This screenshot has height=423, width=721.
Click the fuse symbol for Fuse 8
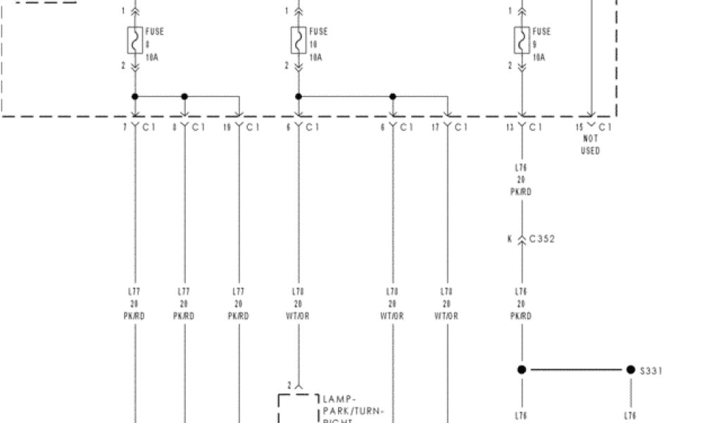point(134,40)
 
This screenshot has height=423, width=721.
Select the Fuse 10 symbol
point(299,40)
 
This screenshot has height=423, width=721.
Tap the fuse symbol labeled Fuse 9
point(522,40)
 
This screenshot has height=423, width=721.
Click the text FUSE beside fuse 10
point(318,32)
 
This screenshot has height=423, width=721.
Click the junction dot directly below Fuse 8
point(134,97)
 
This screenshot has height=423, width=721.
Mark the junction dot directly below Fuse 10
point(299,97)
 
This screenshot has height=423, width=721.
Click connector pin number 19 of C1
point(227,127)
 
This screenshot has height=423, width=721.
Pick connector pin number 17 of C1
point(436,127)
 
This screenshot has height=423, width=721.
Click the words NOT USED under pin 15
point(591,145)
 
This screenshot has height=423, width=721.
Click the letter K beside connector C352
point(509,239)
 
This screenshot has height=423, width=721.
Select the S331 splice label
point(651,370)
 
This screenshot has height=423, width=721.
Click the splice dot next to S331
point(631,370)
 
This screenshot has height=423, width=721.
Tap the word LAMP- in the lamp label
point(339,399)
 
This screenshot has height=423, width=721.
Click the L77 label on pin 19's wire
point(238,291)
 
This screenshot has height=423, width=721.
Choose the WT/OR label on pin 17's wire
point(446,316)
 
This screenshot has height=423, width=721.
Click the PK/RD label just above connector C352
point(522,191)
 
